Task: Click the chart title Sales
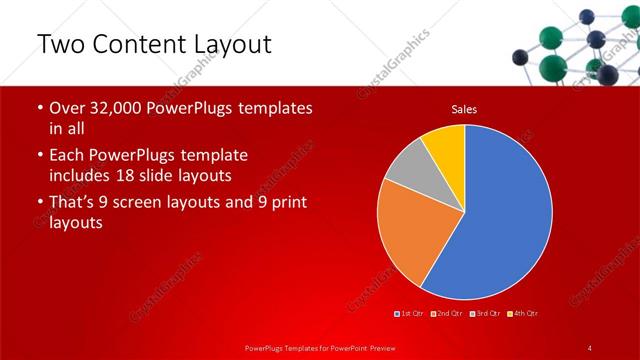point(464,108)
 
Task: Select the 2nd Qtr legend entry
point(447,314)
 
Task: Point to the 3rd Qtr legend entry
point(487,314)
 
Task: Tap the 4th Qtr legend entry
point(524,314)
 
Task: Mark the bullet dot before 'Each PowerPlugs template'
point(39,156)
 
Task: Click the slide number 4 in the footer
point(589,346)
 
